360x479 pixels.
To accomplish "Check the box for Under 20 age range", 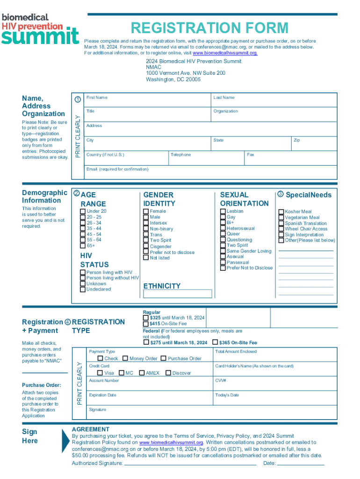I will coord(83,211).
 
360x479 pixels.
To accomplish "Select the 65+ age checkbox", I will coord(83,246).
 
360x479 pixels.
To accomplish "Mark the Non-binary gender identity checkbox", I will coord(146,229).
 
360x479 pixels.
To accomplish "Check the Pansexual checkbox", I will coord(223,262).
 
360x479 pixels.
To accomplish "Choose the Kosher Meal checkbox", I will coord(281,212).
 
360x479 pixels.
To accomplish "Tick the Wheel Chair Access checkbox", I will coord(281,229).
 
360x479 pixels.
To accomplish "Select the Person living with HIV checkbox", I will coord(83,272).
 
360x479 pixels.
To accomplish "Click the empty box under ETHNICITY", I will coord(177,294).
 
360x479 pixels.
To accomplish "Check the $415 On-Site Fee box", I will coord(146,324).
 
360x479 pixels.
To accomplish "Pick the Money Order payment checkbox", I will coord(125,358).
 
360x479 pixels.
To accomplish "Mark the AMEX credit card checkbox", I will coord(142,373).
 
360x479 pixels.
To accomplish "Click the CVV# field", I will coord(274,384).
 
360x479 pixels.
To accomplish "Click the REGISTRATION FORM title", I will coord(209,28).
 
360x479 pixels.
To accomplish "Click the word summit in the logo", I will coord(40,36).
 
